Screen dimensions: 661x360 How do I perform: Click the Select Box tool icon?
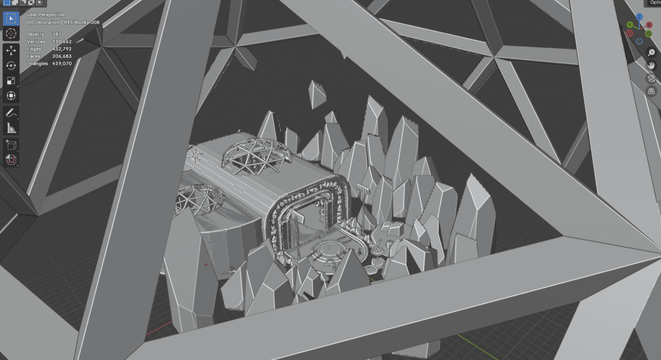pos(11,18)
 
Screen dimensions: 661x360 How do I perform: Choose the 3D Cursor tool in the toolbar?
pos(11,34)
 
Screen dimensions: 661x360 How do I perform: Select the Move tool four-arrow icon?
pos(11,50)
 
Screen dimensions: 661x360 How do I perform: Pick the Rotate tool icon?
pos(11,66)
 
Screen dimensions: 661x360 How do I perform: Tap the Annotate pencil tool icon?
pos(11,113)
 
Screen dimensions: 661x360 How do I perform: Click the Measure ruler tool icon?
pos(11,128)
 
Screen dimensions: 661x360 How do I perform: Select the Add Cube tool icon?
pos(11,145)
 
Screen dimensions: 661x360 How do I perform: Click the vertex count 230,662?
pos(61,42)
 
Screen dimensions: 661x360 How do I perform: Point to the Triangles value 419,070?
pos(61,63)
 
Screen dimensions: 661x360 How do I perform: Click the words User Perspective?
pos(46,14)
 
